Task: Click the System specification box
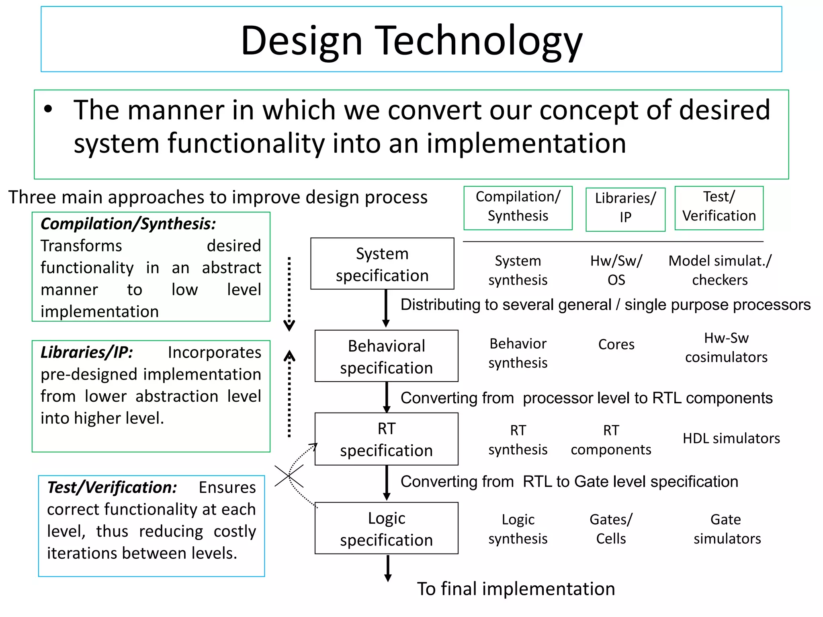point(382,264)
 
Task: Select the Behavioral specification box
point(386,356)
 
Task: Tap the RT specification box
point(386,439)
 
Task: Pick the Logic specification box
point(386,528)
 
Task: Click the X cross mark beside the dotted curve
point(289,476)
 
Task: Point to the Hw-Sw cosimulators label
point(726,347)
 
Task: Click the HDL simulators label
point(731,438)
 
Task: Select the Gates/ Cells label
point(611,529)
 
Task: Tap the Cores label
point(616,344)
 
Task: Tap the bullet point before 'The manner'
point(48,109)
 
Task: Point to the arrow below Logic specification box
point(388,568)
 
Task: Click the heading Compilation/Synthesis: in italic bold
point(128,224)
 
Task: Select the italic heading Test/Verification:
point(112,487)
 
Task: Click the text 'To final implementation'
point(516,589)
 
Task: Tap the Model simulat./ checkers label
point(720,270)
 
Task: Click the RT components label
point(611,440)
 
